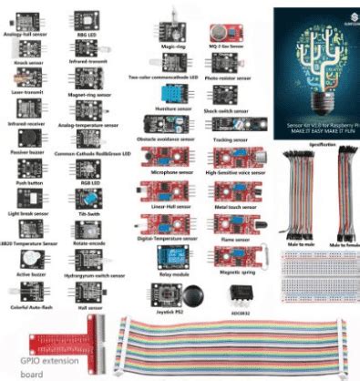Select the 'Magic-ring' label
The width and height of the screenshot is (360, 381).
pos(175,44)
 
